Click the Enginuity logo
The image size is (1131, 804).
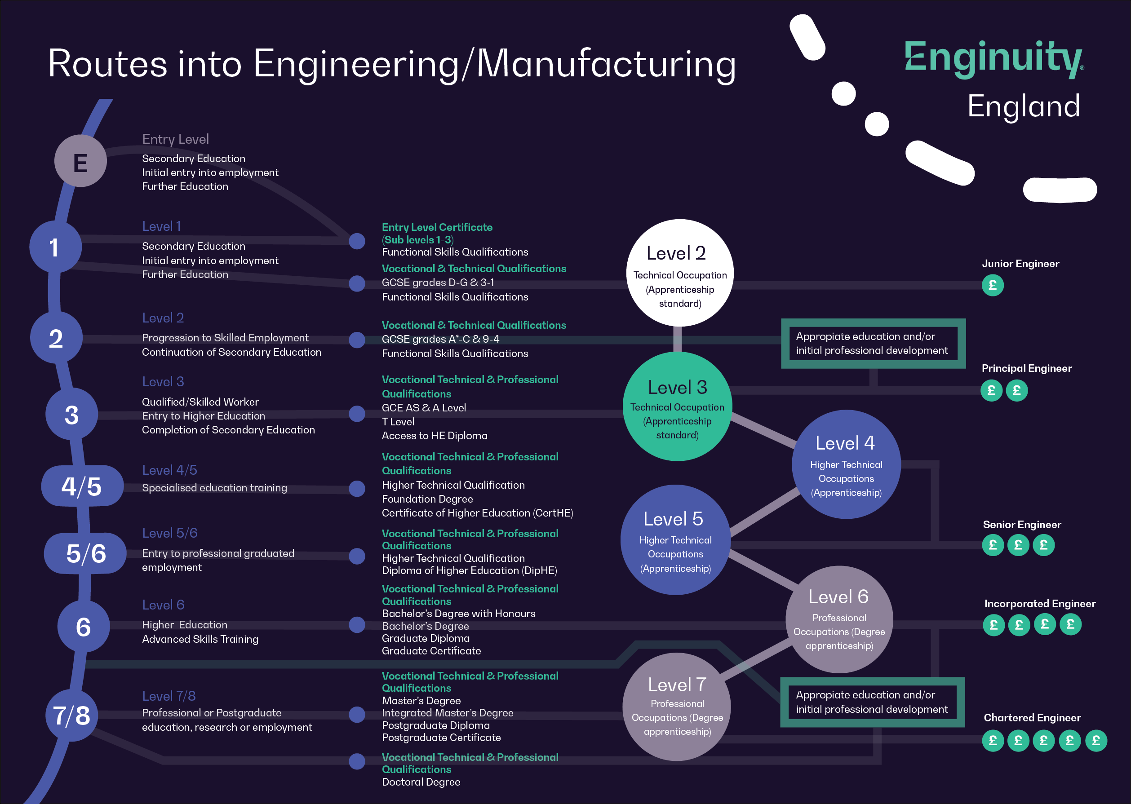coord(994,58)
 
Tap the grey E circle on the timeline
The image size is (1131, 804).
coord(80,161)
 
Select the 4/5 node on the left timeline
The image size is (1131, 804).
coord(82,486)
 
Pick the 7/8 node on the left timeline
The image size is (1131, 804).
coord(72,716)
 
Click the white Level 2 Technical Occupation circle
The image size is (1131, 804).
coord(679,273)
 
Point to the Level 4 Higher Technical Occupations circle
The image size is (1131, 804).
coord(846,464)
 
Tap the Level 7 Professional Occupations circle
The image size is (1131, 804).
coord(676,707)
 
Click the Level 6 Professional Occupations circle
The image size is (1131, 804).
coord(839,619)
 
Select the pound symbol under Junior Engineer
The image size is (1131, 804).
coord(992,286)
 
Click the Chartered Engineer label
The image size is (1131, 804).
coord(1032,718)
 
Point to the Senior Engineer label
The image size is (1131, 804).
coord(1021,525)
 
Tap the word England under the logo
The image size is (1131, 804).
coord(1023,106)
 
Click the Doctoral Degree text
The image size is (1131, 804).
coord(421,782)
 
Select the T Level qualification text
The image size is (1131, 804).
coord(398,422)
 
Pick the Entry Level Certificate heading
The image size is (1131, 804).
coord(437,227)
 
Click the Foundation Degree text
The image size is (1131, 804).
coord(427,499)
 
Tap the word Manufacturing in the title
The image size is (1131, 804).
coord(606,64)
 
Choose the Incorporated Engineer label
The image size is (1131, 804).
coord(1039,604)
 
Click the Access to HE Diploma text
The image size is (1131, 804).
coord(434,436)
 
